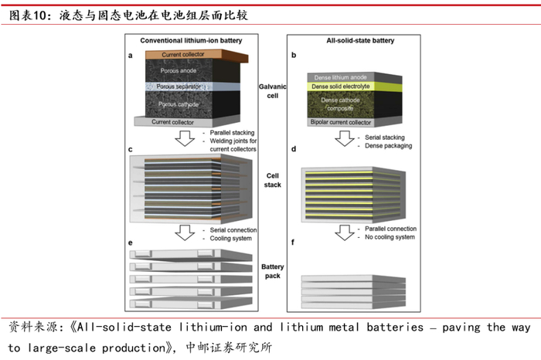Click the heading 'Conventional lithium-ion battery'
point(189,40)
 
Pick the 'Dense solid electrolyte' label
point(349,87)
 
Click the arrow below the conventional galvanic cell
point(185,138)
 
